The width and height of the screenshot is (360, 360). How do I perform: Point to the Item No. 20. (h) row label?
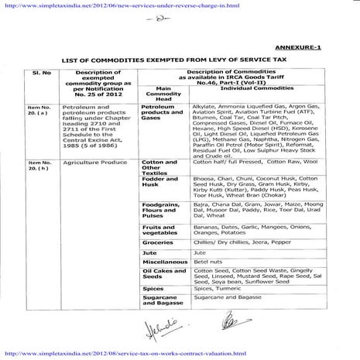click(x=38, y=164)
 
